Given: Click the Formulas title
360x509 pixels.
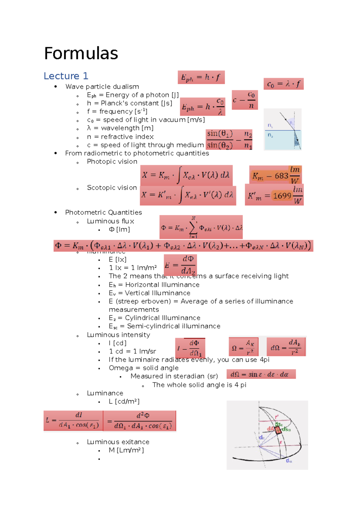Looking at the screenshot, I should [x=81, y=53].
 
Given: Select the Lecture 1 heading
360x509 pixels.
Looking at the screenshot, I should [x=66, y=76].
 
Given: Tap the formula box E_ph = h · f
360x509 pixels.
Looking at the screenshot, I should [x=201, y=77].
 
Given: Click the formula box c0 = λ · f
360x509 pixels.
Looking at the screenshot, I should [x=283, y=84].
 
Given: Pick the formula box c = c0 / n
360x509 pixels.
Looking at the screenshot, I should [x=245, y=100].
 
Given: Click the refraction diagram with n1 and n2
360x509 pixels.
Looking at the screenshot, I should [x=283, y=129].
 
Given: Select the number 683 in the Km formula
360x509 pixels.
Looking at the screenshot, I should [x=281, y=176].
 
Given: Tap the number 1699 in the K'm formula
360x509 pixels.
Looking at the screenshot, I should [x=282, y=196].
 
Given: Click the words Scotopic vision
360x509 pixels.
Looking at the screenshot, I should [x=112, y=188].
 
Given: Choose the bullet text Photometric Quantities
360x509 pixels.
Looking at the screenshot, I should [x=103, y=213].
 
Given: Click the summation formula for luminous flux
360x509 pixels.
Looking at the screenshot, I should [x=201, y=227].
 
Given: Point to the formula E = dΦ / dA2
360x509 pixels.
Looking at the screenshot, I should [x=180, y=265].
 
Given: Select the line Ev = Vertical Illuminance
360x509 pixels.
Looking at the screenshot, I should [x=149, y=293].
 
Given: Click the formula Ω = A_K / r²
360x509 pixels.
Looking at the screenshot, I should [x=243, y=347].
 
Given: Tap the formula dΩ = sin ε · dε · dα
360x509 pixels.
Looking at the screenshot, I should [x=261, y=374].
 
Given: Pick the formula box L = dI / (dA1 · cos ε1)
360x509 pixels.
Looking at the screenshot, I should [x=73, y=421].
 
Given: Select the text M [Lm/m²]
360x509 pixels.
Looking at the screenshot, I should [x=126, y=450].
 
